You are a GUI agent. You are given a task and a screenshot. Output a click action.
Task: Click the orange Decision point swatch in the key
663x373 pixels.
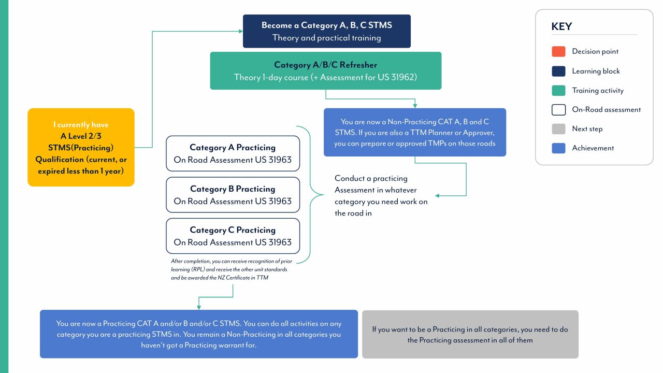[x=558, y=52]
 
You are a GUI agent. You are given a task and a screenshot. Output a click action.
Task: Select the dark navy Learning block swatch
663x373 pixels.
[x=558, y=71]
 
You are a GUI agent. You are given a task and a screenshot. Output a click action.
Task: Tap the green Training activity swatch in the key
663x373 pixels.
[x=558, y=91]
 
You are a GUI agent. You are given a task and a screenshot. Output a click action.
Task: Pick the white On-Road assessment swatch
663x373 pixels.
[x=558, y=110]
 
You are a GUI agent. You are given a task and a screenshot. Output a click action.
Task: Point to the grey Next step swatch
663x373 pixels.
[x=558, y=129]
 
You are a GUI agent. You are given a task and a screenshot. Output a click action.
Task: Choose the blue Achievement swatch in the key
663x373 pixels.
[x=558, y=148]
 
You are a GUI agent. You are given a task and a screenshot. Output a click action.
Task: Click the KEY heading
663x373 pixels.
[x=561, y=27]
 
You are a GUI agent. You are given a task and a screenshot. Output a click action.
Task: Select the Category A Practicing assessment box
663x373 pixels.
[x=233, y=153]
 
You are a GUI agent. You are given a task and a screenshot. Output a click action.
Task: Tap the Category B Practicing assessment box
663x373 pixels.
[x=233, y=195]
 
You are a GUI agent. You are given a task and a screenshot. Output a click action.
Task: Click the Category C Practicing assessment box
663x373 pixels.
[x=233, y=236]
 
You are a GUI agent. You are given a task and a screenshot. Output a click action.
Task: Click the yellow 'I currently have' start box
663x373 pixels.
[x=81, y=147]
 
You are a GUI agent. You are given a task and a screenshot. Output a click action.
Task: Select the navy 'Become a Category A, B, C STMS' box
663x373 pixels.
[x=326, y=31]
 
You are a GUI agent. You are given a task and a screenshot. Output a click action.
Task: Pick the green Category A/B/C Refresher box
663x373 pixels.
[x=325, y=71]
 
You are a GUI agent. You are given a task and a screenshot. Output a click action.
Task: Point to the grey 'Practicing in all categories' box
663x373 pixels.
[x=470, y=334]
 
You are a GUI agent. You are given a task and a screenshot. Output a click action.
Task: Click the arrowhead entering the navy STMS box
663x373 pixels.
[x=240, y=31]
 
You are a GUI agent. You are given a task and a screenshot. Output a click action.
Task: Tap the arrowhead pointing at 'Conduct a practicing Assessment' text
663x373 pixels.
[x=438, y=196]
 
